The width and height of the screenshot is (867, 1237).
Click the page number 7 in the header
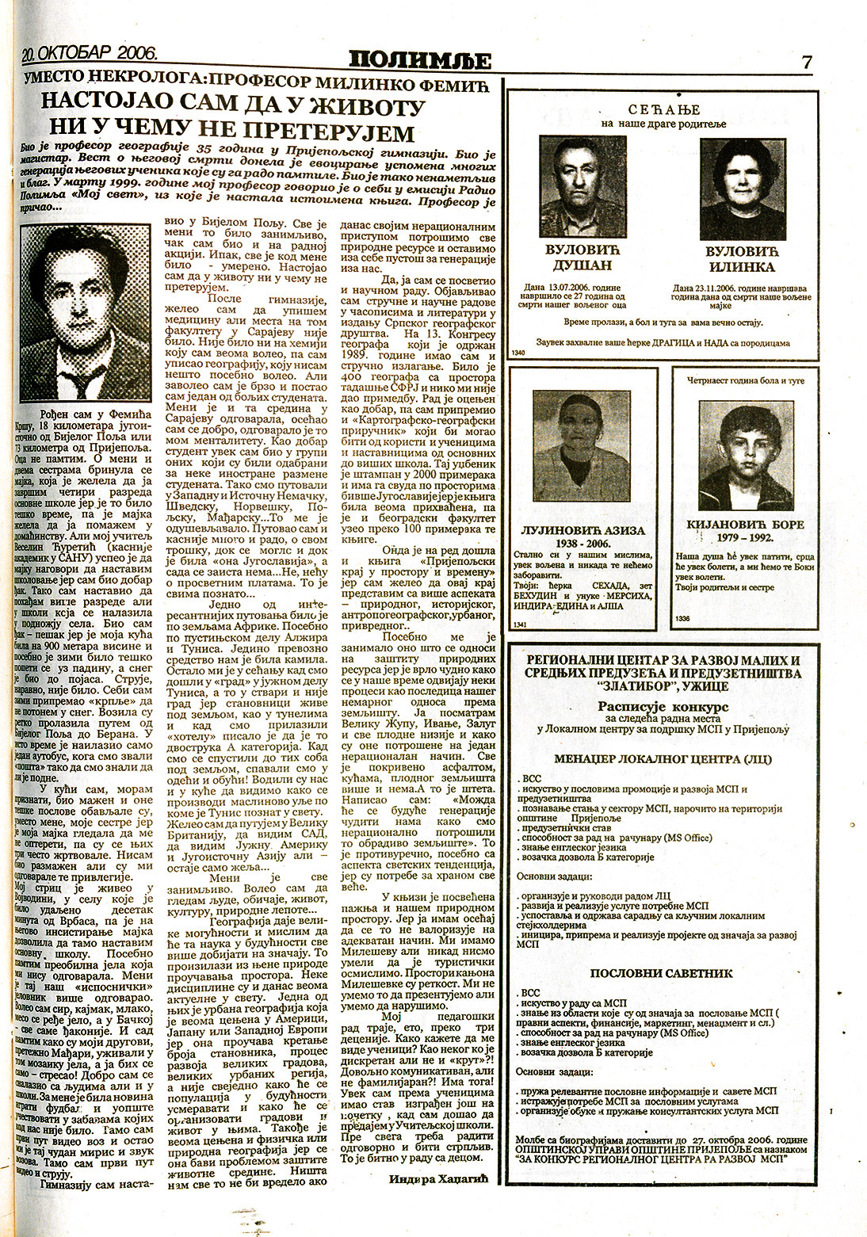[807, 63]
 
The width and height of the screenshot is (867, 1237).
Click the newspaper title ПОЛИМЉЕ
[422, 60]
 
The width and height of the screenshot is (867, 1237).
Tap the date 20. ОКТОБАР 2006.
[90, 55]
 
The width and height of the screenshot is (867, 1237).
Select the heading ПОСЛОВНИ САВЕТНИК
[664, 973]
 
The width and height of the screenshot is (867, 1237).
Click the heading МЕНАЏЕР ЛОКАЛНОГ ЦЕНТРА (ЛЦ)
[664, 758]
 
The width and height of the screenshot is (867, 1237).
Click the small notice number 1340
[520, 353]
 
